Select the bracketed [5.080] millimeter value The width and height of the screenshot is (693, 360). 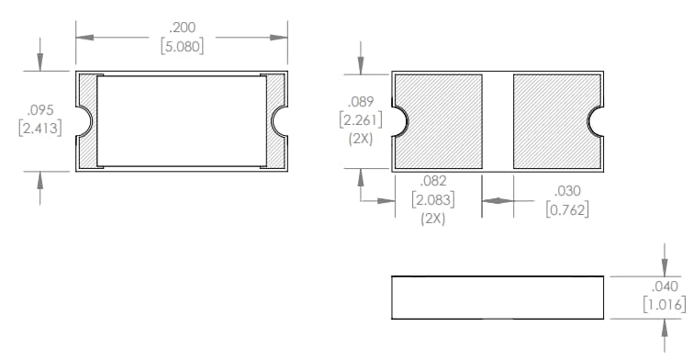coord(182,46)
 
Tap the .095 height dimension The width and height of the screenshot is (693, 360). coord(39,110)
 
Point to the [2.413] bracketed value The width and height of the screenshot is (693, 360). coord(40,128)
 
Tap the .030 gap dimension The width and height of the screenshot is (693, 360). coord(567,191)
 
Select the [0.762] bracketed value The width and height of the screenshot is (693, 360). coord(567,209)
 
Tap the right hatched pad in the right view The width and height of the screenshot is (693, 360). coord(555,119)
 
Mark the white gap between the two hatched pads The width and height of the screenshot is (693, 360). coord(497,119)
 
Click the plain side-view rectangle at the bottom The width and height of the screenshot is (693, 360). coord(497,297)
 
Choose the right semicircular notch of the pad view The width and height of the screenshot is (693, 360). coord(597,119)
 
